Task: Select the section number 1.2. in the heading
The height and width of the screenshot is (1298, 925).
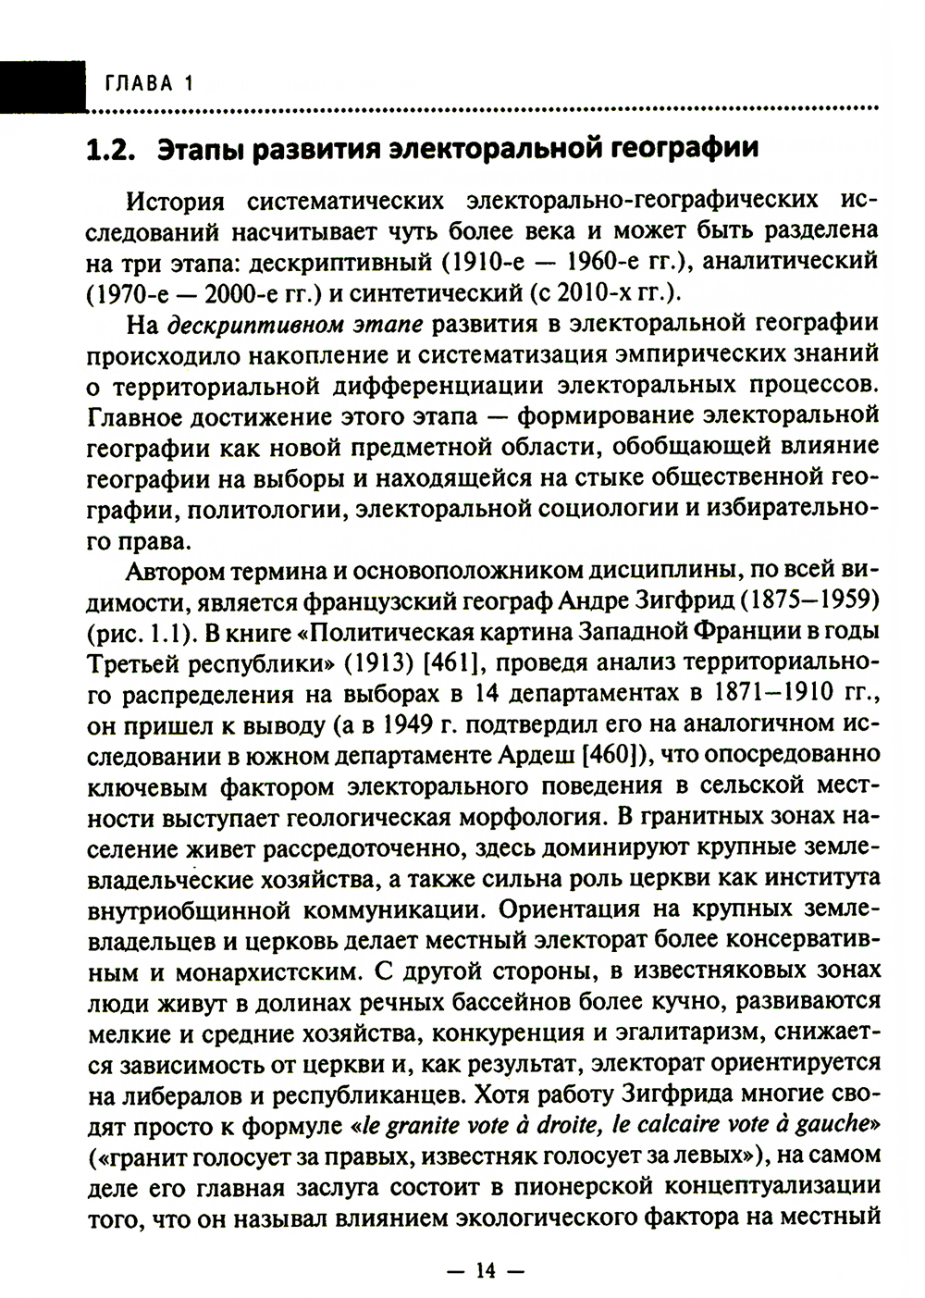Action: click(111, 148)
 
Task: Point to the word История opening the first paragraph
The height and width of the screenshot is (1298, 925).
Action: click(175, 202)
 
